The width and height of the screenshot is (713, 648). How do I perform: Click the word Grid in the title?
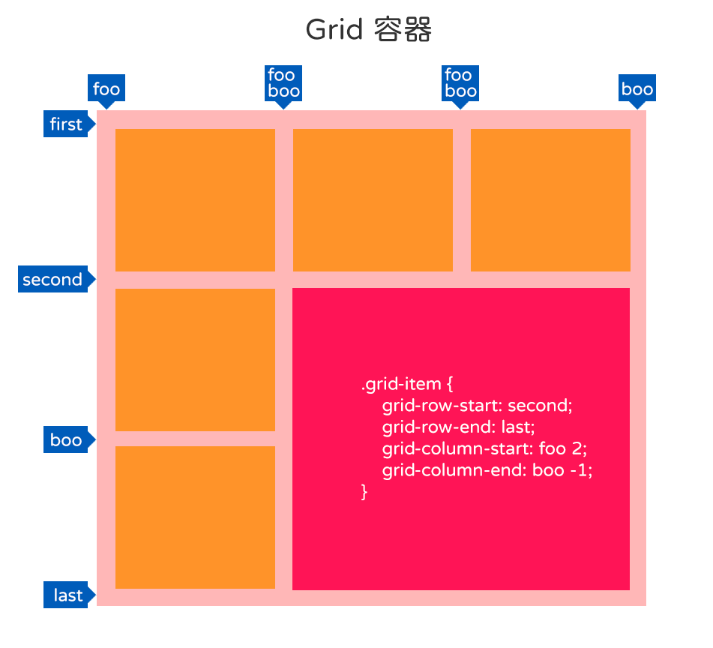coord(334,30)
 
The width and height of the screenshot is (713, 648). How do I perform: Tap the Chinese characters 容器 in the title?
coord(403,29)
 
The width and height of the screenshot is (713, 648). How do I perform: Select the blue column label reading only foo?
coord(106,88)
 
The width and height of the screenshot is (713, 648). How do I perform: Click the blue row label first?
coord(67,124)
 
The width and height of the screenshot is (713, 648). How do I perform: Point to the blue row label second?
coord(54,279)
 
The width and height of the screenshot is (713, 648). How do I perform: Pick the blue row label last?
coord(67,595)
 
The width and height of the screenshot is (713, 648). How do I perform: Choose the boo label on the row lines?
coord(67,439)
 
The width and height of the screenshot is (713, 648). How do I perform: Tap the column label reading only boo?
coord(637,88)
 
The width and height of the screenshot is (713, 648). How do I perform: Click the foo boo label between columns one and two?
coord(283,83)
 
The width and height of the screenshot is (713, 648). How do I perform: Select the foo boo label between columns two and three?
coord(460,83)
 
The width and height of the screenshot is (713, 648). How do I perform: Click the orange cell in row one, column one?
coord(195,200)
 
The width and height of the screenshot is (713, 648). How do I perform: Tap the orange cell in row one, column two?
coord(373,200)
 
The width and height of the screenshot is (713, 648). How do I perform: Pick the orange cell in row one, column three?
coord(550,200)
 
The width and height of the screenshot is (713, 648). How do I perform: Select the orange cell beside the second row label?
coord(195,360)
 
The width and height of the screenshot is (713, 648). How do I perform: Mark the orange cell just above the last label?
coord(195,517)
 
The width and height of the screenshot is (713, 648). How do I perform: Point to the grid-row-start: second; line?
coord(477,406)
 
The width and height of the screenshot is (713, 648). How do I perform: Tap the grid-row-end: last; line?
coord(458,427)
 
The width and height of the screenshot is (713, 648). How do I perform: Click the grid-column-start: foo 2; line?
coord(485,448)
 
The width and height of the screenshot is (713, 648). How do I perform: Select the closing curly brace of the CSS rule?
coord(364,492)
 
